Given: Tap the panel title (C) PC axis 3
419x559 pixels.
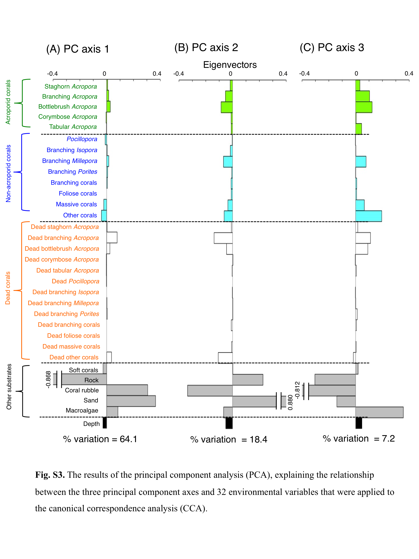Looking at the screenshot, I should pyautogui.click(x=332, y=48).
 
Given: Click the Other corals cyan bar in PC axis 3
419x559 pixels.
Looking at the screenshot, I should pyautogui.click(x=368, y=216).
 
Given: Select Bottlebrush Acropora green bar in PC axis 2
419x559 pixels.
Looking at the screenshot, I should pyautogui.click(x=227, y=107).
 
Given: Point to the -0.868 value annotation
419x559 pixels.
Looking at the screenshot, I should pyautogui.click(x=48, y=379).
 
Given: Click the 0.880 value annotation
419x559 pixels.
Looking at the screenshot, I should pyautogui.click(x=290, y=402).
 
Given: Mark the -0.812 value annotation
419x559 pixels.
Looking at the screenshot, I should pyautogui.click(x=297, y=390).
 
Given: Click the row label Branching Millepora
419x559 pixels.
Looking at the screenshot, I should pyautogui.click(x=70, y=161).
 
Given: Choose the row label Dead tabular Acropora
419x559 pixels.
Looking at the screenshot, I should pyautogui.click(x=67, y=270).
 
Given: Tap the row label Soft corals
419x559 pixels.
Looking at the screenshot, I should pyautogui.click(x=83, y=370).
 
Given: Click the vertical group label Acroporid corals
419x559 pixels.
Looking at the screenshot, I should pyautogui.click(x=8, y=102).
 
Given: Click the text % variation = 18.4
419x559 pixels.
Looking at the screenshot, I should pyautogui.click(x=229, y=440).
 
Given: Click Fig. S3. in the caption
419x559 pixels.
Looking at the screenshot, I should pyautogui.click(x=50, y=475).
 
